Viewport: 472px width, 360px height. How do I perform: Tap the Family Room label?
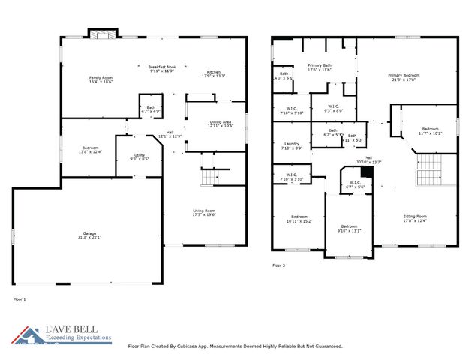click(x=101, y=79)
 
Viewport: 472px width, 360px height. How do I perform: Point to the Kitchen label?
click(x=214, y=73)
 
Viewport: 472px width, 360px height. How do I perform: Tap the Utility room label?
click(x=140, y=157)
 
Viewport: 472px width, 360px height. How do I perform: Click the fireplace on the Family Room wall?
click(x=100, y=33)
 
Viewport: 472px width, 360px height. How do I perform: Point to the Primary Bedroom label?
click(x=404, y=77)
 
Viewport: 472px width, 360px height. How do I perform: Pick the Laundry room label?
click(x=293, y=146)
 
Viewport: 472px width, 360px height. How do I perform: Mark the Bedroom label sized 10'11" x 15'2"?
click(x=299, y=219)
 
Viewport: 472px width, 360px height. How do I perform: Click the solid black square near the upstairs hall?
click(x=367, y=172)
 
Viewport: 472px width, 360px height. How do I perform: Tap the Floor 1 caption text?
click(x=20, y=299)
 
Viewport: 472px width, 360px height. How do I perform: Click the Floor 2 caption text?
click(x=278, y=265)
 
